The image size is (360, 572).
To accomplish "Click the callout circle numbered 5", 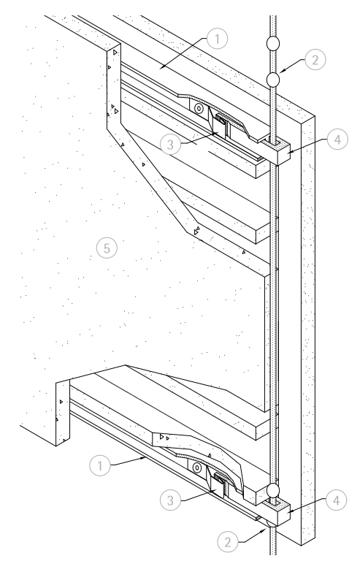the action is [107, 248].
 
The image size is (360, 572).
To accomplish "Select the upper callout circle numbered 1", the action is [217, 38].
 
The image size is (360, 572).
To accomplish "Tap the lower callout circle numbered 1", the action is [100, 465].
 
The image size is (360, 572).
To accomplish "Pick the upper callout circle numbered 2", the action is [315, 59].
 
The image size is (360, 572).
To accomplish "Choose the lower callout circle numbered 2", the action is [228, 542].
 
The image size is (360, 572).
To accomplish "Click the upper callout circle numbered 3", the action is [171, 145].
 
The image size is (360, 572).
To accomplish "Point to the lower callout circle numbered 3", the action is [171, 500].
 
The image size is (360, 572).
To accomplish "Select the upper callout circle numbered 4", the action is [338, 139].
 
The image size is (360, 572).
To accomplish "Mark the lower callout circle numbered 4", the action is [337, 500].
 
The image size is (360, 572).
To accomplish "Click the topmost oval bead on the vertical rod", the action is [273, 43].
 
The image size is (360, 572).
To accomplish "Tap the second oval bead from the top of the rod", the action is [273, 80].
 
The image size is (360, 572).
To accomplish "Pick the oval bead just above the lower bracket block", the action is [273, 491].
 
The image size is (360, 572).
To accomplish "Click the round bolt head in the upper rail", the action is [199, 109].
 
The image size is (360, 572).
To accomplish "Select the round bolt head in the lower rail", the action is [197, 468].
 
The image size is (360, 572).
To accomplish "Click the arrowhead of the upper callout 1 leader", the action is [161, 66].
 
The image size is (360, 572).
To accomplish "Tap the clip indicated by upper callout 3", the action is [221, 126].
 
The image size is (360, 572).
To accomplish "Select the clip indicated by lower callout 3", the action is [220, 484].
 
